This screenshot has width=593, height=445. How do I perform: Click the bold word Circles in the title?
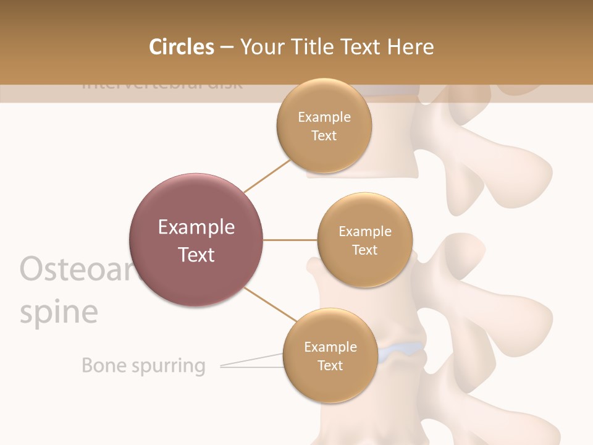coord(181,47)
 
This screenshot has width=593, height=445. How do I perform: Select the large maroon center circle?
coord(196,240)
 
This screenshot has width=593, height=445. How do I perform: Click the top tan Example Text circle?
coord(324,125)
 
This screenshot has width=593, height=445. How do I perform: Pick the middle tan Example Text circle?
coord(364,240)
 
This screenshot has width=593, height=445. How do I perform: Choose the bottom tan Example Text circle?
coord(330,355)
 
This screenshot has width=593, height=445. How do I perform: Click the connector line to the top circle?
coord(267,176)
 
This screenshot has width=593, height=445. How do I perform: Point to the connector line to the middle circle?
coord(290,240)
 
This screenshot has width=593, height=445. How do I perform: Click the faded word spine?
coord(59,312)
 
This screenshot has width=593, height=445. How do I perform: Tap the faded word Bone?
coord(104,365)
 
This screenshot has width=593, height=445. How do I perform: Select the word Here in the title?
coord(411,47)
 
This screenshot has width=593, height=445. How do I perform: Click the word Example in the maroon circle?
coord(196,227)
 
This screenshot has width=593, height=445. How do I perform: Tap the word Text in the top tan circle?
coord(324,135)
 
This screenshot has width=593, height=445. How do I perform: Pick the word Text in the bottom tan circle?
coord(330,365)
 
